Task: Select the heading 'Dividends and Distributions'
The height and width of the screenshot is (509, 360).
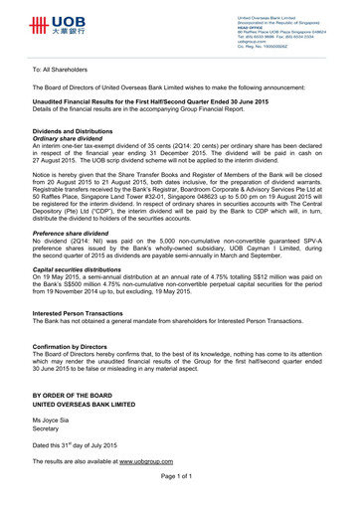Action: pyautogui.click(x=79, y=131)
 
